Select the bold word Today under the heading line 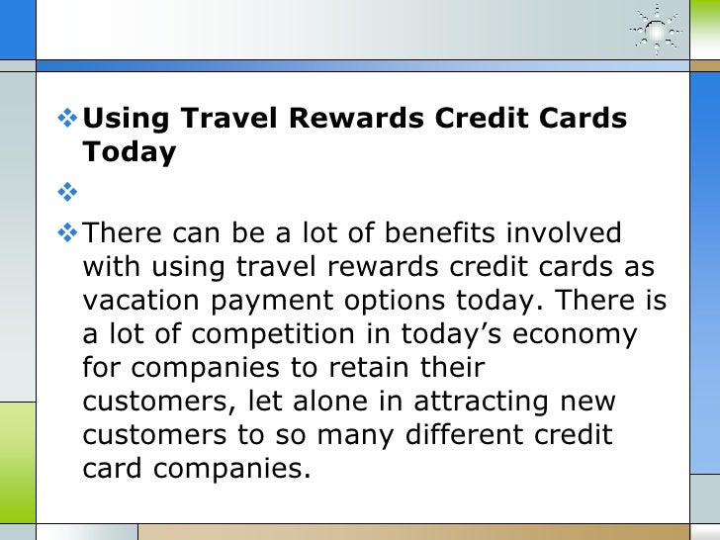coord(130,152)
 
